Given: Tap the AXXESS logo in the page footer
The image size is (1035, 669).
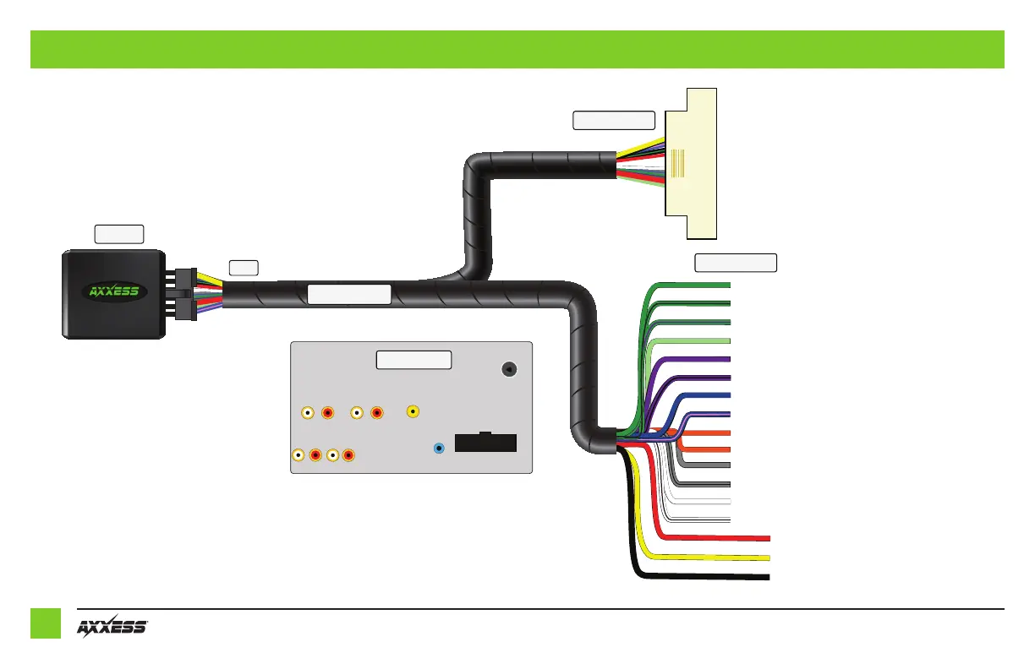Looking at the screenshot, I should [x=112, y=628].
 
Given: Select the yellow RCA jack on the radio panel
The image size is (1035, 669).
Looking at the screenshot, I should [x=413, y=411].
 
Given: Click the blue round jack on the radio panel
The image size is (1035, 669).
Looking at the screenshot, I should [x=438, y=449].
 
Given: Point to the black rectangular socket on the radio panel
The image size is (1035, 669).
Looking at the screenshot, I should [x=485, y=443].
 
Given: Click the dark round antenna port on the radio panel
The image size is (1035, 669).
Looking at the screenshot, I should [x=509, y=369].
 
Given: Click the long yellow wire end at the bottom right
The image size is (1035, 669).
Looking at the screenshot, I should [x=761, y=557].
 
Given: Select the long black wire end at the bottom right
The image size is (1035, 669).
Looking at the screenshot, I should [x=761, y=577].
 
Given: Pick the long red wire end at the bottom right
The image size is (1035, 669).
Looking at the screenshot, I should [x=761, y=537].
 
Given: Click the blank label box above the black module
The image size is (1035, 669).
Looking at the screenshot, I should [x=118, y=233].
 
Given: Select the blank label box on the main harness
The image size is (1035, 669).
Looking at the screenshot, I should [x=348, y=295].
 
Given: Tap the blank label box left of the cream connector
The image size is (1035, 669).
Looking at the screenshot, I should [x=614, y=120].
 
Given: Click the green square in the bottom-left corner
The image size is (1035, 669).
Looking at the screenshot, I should [x=46, y=623].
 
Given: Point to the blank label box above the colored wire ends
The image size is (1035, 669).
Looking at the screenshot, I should [x=735, y=262].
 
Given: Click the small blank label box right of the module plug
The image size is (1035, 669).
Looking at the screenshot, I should [x=244, y=268].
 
